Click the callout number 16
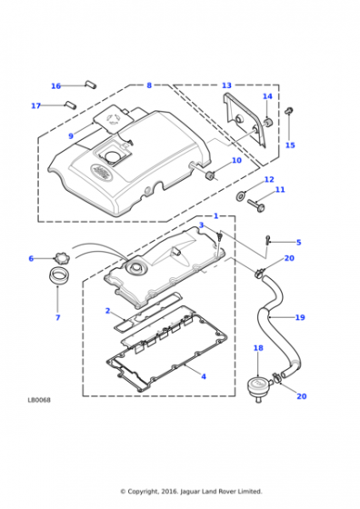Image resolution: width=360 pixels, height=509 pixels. coord(55,86)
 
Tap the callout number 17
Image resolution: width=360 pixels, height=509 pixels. coord(36,105)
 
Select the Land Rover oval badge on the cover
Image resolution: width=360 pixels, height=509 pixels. coord(100,171)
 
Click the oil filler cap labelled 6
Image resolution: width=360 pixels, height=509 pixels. coord(60,259)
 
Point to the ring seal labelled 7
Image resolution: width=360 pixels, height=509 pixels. coord(58,276)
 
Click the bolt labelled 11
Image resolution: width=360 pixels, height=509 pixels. coord(256,205)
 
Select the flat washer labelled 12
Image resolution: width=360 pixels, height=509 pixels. coord(241,195)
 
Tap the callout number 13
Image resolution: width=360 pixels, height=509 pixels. coord(226,85)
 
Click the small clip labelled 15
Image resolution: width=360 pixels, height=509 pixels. coord(288,111)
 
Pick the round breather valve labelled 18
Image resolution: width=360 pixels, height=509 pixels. coord(258,387)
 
